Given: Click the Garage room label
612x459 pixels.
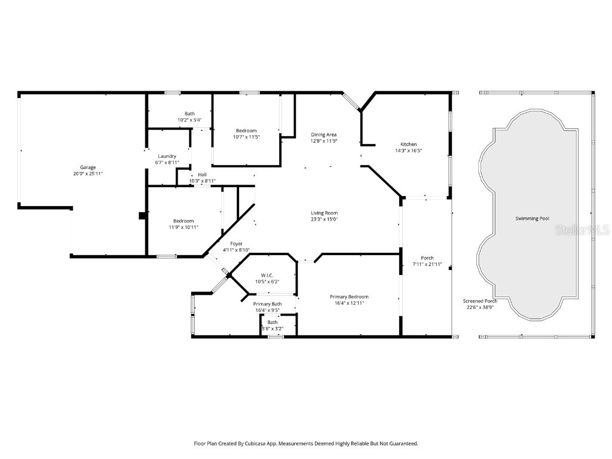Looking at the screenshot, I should (x=88, y=167).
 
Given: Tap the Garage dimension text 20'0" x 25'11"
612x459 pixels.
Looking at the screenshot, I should (x=88, y=173).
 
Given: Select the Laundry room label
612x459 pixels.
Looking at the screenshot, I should (x=167, y=156).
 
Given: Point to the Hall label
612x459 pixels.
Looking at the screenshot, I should (x=202, y=175).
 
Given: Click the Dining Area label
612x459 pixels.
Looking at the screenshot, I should (x=324, y=134).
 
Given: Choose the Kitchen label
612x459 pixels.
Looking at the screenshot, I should (x=408, y=144).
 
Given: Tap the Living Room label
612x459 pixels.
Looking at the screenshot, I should (x=324, y=213).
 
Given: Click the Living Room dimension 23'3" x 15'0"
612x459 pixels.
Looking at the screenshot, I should (x=324, y=219).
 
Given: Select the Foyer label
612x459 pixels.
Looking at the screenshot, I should (x=236, y=244).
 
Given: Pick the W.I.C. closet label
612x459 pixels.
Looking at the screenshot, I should (x=267, y=275).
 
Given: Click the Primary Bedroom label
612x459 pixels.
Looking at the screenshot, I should (x=349, y=296).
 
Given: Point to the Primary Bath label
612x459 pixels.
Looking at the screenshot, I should (x=267, y=304).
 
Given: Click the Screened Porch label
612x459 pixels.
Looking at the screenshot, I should (x=480, y=301).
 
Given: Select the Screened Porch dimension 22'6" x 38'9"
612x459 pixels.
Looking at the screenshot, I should (x=480, y=307).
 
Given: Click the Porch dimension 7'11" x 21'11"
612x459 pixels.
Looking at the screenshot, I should (x=427, y=264).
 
